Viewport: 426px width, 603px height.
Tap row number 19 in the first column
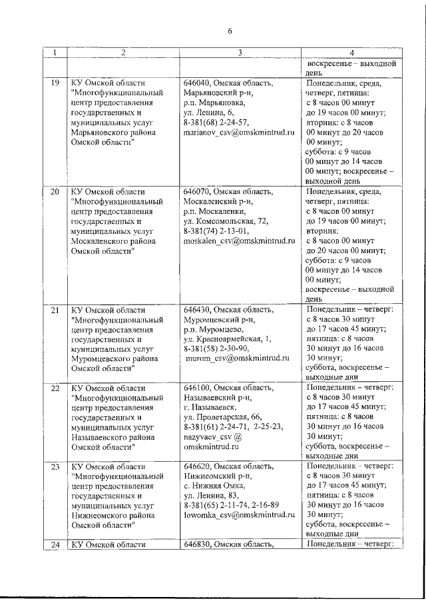[x=55, y=83]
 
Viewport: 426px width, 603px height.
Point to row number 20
[x=55, y=193]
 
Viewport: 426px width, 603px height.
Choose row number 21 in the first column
[x=55, y=310]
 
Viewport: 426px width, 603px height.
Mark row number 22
[x=55, y=388]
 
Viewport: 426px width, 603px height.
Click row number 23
[x=55, y=466]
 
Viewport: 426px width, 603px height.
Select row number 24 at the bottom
[x=55, y=545]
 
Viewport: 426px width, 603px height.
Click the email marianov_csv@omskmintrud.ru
[x=239, y=133]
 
